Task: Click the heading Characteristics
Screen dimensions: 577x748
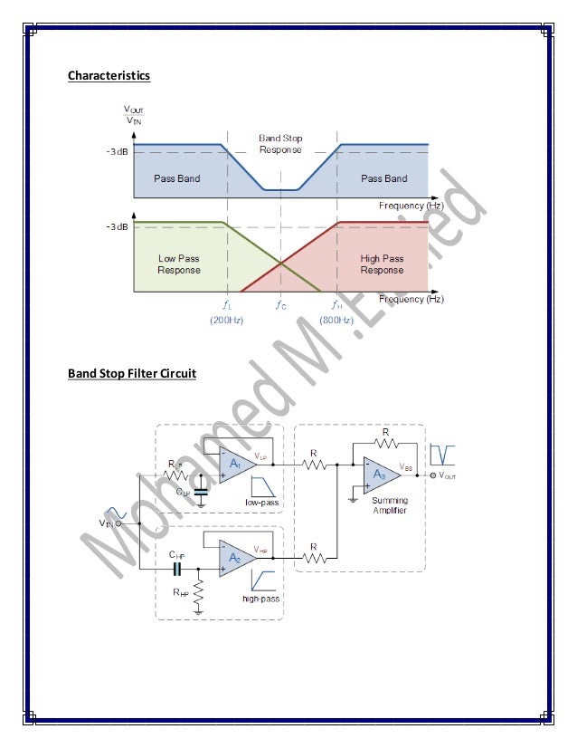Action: [109, 75]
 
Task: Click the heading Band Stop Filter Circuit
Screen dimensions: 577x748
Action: [132, 372]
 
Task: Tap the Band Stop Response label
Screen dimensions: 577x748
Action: [280, 143]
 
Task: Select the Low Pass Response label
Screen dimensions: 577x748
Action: [178, 264]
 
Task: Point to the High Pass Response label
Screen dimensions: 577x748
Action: [382, 264]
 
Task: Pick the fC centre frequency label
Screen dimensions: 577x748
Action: [281, 305]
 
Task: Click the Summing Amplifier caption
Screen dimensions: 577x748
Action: [388, 505]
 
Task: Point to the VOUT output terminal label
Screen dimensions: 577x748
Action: [447, 475]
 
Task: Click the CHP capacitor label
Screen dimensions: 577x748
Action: [176, 553]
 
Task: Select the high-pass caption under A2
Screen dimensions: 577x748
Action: [260, 599]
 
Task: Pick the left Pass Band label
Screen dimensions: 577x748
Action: [176, 178]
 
